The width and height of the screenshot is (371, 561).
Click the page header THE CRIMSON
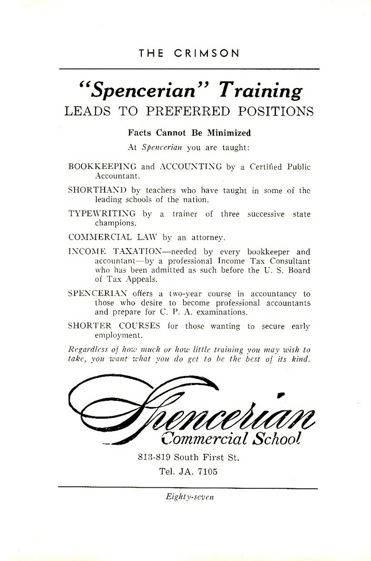189,53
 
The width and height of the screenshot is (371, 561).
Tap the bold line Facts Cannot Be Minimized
189,133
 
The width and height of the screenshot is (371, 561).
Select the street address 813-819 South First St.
188,458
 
